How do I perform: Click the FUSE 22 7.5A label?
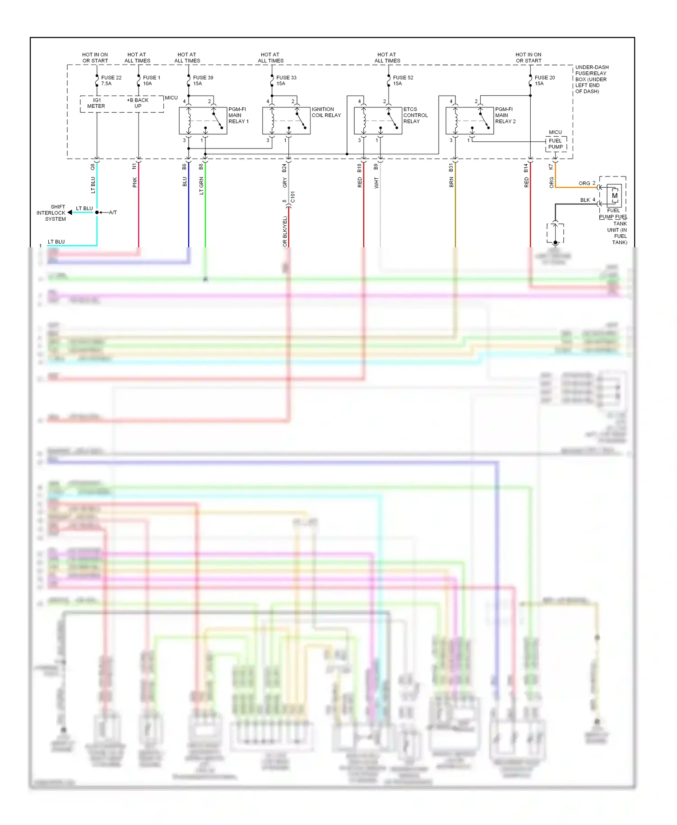coord(111,80)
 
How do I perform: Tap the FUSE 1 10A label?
coord(151,80)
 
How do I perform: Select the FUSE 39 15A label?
coord(203,80)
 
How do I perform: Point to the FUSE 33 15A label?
coord(286,80)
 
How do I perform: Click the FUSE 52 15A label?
coord(403,80)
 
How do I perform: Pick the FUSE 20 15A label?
coord(544,80)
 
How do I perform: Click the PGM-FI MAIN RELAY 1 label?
coord(238,115)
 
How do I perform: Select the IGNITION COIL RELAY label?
coord(326,112)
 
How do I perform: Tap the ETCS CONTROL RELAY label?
coord(415,115)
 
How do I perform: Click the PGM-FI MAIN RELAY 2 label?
coord(505,115)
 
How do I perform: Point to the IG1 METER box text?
coord(96,103)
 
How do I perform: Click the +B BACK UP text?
coord(138,103)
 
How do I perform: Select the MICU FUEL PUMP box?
coord(556,144)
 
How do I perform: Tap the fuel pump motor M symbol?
coord(614,196)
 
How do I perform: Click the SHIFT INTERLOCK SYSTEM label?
coord(51,213)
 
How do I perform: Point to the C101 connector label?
coord(292,197)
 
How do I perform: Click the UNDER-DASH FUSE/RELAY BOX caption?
coord(592,79)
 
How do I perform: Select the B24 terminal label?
coord(284,168)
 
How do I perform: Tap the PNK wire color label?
coord(134,182)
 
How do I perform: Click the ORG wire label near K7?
coord(552,182)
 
